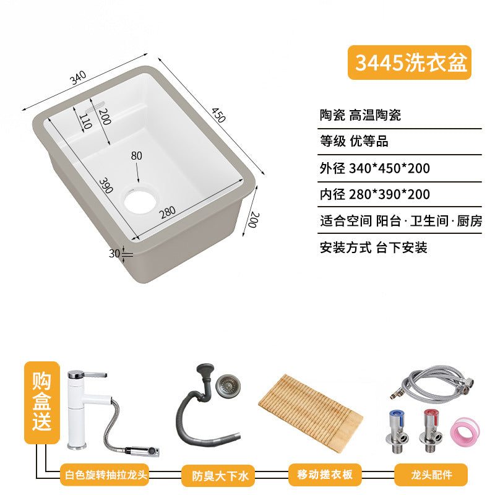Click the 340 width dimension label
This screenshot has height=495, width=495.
click(x=78, y=78)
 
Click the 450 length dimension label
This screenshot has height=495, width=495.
click(x=218, y=115)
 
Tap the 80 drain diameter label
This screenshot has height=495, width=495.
click(x=136, y=156)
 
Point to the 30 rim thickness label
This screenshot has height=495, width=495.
click(x=114, y=254)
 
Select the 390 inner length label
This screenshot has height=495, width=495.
click(x=106, y=186)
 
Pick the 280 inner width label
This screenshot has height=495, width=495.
click(x=168, y=212)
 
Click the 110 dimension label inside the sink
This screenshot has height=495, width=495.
click(x=85, y=122)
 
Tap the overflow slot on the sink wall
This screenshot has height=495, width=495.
click(x=95, y=106)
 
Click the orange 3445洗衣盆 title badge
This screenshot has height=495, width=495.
click(x=409, y=62)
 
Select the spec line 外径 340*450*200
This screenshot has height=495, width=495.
click(x=375, y=168)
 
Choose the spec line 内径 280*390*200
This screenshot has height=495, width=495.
click(x=375, y=194)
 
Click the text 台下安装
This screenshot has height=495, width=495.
click(x=402, y=247)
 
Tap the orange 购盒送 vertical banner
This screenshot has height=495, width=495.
click(x=42, y=402)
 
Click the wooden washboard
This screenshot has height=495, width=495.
click(x=311, y=413)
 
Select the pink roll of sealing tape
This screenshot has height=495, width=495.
click(x=465, y=430)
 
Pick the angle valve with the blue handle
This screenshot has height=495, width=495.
click(x=397, y=431)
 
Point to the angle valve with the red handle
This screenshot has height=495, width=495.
click(x=431, y=431)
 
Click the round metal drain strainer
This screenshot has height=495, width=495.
click(x=228, y=385)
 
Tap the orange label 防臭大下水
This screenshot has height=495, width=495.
click(x=218, y=475)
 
